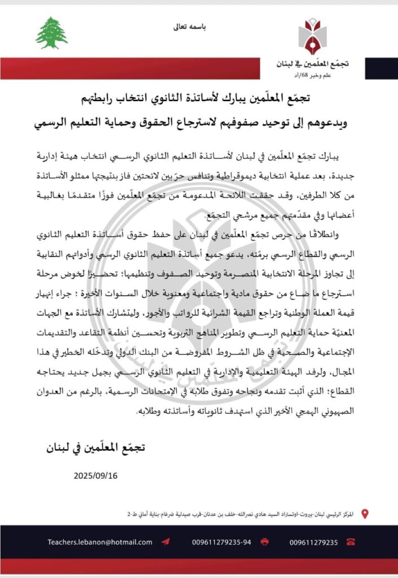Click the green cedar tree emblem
[51, 32]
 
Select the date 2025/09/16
[95, 475]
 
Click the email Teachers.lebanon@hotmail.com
[100, 542]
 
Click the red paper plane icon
[165, 542]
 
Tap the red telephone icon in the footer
[351, 542]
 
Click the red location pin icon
[365, 514]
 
